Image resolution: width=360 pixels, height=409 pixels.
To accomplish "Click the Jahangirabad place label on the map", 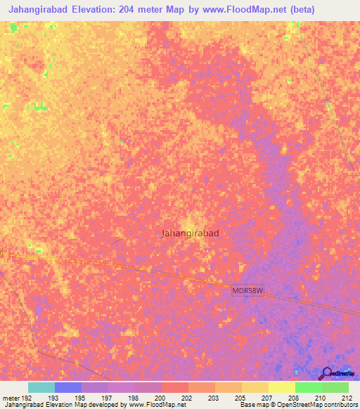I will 190,233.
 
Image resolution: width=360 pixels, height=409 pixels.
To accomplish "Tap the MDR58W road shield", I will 247,290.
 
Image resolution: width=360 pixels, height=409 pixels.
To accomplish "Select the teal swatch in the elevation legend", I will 41,387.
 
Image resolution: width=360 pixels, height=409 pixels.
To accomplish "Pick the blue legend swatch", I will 67,387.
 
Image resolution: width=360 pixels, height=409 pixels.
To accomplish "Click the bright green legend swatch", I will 308,387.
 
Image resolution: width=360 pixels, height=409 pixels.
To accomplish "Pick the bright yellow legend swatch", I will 281,387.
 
